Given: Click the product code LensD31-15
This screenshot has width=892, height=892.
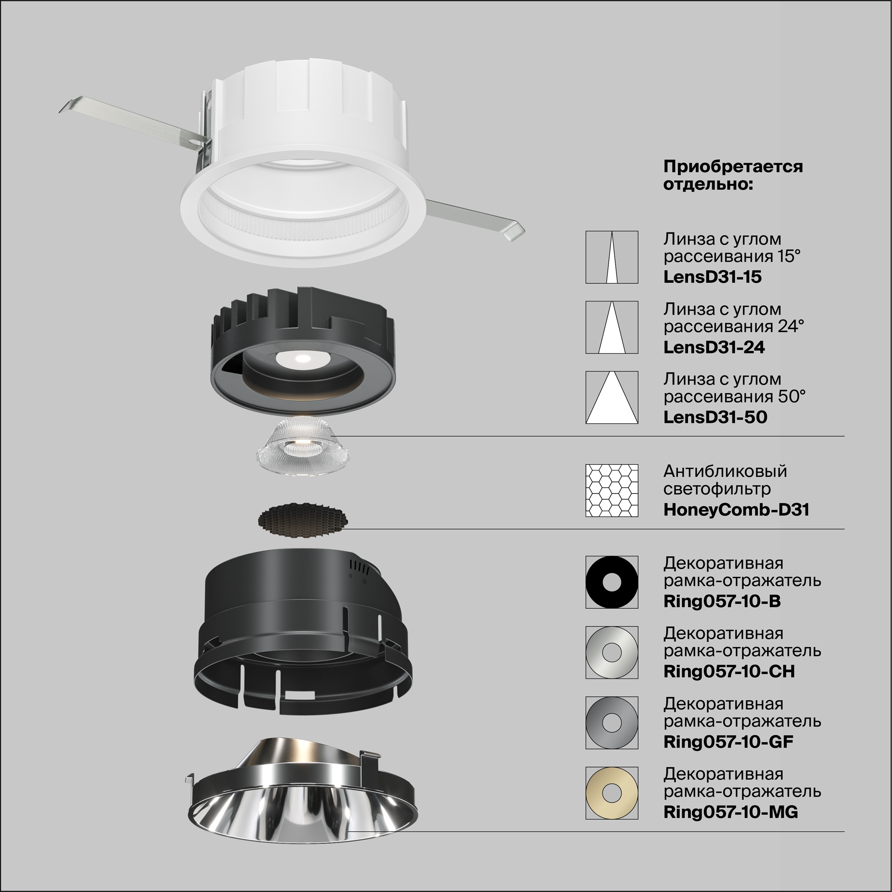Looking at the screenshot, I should pyautogui.click(x=712, y=277).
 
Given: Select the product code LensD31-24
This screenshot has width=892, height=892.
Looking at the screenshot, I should pyautogui.click(x=714, y=347).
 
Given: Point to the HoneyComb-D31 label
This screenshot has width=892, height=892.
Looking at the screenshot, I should pyautogui.click(x=736, y=510).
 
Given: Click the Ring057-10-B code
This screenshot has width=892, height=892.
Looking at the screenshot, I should pyautogui.click(x=722, y=601).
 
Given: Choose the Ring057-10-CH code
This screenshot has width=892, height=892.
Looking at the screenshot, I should pyautogui.click(x=729, y=671).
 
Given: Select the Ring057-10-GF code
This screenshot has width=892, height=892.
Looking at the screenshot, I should pyautogui.click(x=728, y=742).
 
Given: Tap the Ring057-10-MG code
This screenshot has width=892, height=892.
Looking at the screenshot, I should pyautogui.click(x=731, y=812).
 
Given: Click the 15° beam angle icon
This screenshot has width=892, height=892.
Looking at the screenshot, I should pyautogui.click(x=612, y=257).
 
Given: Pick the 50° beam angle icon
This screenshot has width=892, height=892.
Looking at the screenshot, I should pyautogui.click(x=612, y=397).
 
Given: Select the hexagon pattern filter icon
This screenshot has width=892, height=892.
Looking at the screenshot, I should pyautogui.click(x=612, y=490).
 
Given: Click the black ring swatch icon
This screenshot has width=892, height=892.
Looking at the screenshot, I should pyautogui.click(x=612, y=582).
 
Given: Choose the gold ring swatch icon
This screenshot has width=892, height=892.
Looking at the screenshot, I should pyautogui.click(x=612, y=793).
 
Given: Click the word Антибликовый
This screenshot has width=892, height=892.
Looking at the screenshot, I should pyautogui.click(x=725, y=471).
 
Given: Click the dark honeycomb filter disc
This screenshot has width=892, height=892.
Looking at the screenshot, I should pyautogui.click(x=302, y=520).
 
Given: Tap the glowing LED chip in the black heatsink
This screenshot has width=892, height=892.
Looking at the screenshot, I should pyautogui.click(x=302, y=358).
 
